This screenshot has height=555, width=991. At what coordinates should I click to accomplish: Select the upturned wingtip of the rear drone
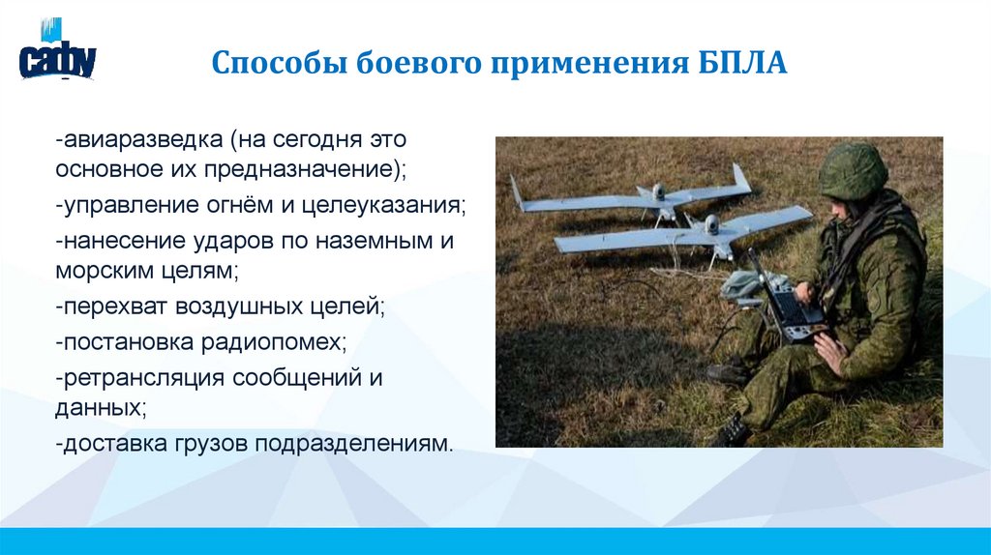[x=741, y=177]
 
